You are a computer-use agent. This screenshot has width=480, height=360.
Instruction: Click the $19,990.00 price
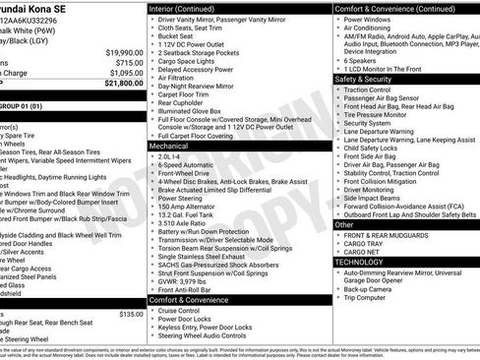[x=125, y=52]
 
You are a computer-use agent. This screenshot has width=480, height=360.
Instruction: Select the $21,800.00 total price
[x=125, y=84]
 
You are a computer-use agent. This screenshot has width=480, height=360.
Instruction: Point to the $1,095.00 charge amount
[x=127, y=73]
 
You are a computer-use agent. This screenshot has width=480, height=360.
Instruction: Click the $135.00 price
[x=131, y=314]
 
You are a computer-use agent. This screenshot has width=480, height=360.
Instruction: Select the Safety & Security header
[x=363, y=79]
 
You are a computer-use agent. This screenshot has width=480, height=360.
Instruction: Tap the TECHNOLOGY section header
[x=359, y=263]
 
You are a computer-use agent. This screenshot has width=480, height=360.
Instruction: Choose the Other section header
[x=344, y=224]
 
